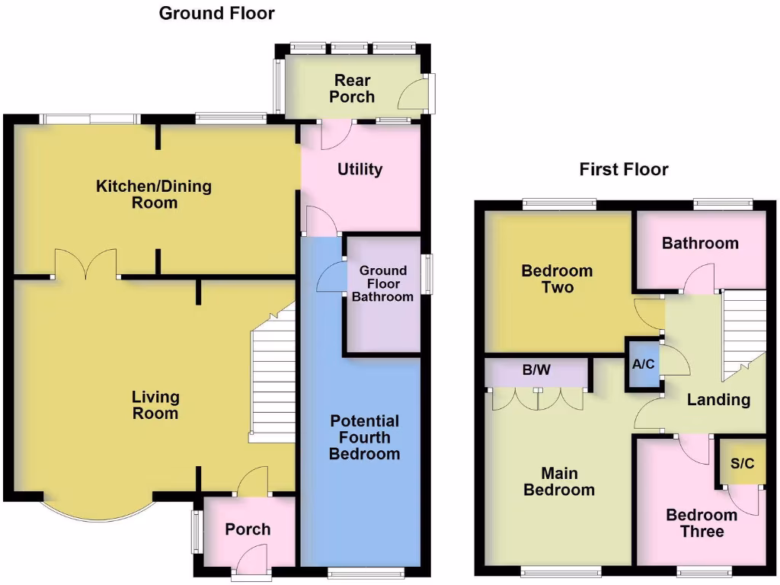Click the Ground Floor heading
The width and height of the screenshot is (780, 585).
pyautogui.click(x=216, y=13)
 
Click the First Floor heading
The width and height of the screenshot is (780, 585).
pyautogui.click(x=623, y=169)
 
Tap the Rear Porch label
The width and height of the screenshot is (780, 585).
pyautogui.click(x=352, y=88)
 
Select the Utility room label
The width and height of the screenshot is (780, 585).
pyautogui.click(x=360, y=169)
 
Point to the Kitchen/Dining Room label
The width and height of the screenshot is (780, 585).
pyautogui.click(x=154, y=194)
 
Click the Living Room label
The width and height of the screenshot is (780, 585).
pyautogui.click(x=155, y=405)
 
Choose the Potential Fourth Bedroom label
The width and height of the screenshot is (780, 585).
pyautogui.click(x=364, y=437)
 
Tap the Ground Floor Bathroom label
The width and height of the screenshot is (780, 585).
pyautogui.click(x=382, y=283)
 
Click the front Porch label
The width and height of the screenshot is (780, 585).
pyautogui.click(x=248, y=529)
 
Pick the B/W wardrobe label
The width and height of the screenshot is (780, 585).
pyautogui.click(x=535, y=371)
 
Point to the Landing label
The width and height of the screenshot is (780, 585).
pyautogui.click(x=718, y=399)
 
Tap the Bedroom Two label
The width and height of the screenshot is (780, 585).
pyautogui.click(x=557, y=279)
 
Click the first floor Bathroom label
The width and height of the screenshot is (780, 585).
pyautogui.click(x=699, y=244)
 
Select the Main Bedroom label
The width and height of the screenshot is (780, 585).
pyautogui.click(x=558, y=481)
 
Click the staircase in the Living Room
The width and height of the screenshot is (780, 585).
pyautogui.click(x=273, y=381)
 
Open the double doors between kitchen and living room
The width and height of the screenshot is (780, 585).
pyautogui.click(x=85, y=265)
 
